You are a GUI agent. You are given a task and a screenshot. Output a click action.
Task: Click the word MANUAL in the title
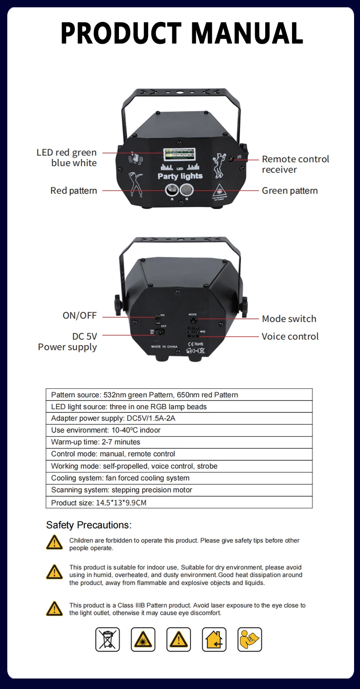pyautogui.click(x=247, y=33)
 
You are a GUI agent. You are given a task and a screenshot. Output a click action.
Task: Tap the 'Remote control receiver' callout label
pyautogui.click(x=295, y=164)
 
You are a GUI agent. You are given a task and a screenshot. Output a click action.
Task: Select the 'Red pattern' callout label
pyautogui.click(x=74, y=190)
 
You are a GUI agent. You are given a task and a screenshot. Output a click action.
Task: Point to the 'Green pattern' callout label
pyautogui.click(x=289, y=190)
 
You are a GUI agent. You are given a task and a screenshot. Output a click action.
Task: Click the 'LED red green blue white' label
pyautogui.click(x=67, y=158)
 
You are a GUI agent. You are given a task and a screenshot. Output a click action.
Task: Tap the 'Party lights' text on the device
pyautogui.click(x=180, y=176)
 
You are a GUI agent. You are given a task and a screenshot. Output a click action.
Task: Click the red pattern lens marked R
pyautogui.click(x=172, y=189)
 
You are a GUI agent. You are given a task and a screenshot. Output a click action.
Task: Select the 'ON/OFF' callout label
pyautogui.click(x=79, y=315)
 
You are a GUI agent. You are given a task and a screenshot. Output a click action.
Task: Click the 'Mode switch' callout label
pyautogui.click(x=289, y=319)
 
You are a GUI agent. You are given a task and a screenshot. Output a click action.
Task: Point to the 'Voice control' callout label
pyautogui.click(x=290, y=336)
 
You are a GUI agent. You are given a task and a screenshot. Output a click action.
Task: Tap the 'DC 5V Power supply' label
pyautogui.click(x=68, y=342)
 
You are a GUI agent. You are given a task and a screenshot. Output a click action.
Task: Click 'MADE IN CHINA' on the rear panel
pyautogui.click(x=164, y=347)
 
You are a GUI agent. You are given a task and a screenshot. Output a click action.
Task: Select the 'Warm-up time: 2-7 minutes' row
pyautogui.click(x=179, y=442)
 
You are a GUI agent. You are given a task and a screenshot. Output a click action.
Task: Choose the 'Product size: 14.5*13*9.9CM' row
pyautogui.click(x=179, y=503)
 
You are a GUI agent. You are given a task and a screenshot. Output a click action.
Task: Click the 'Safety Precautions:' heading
pyautogui.click(x=89, y=525)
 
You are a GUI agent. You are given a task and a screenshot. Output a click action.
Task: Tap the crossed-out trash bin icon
pyautogui.click(x=108, y=639)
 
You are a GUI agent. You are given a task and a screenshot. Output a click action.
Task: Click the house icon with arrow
pyautogui.click(x=214, y=639)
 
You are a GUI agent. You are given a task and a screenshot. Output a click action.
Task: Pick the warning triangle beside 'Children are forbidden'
pyautogui.click(x=54, y=542)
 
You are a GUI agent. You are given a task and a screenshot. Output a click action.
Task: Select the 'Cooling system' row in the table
pyautogui.click(x=179, y=478)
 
